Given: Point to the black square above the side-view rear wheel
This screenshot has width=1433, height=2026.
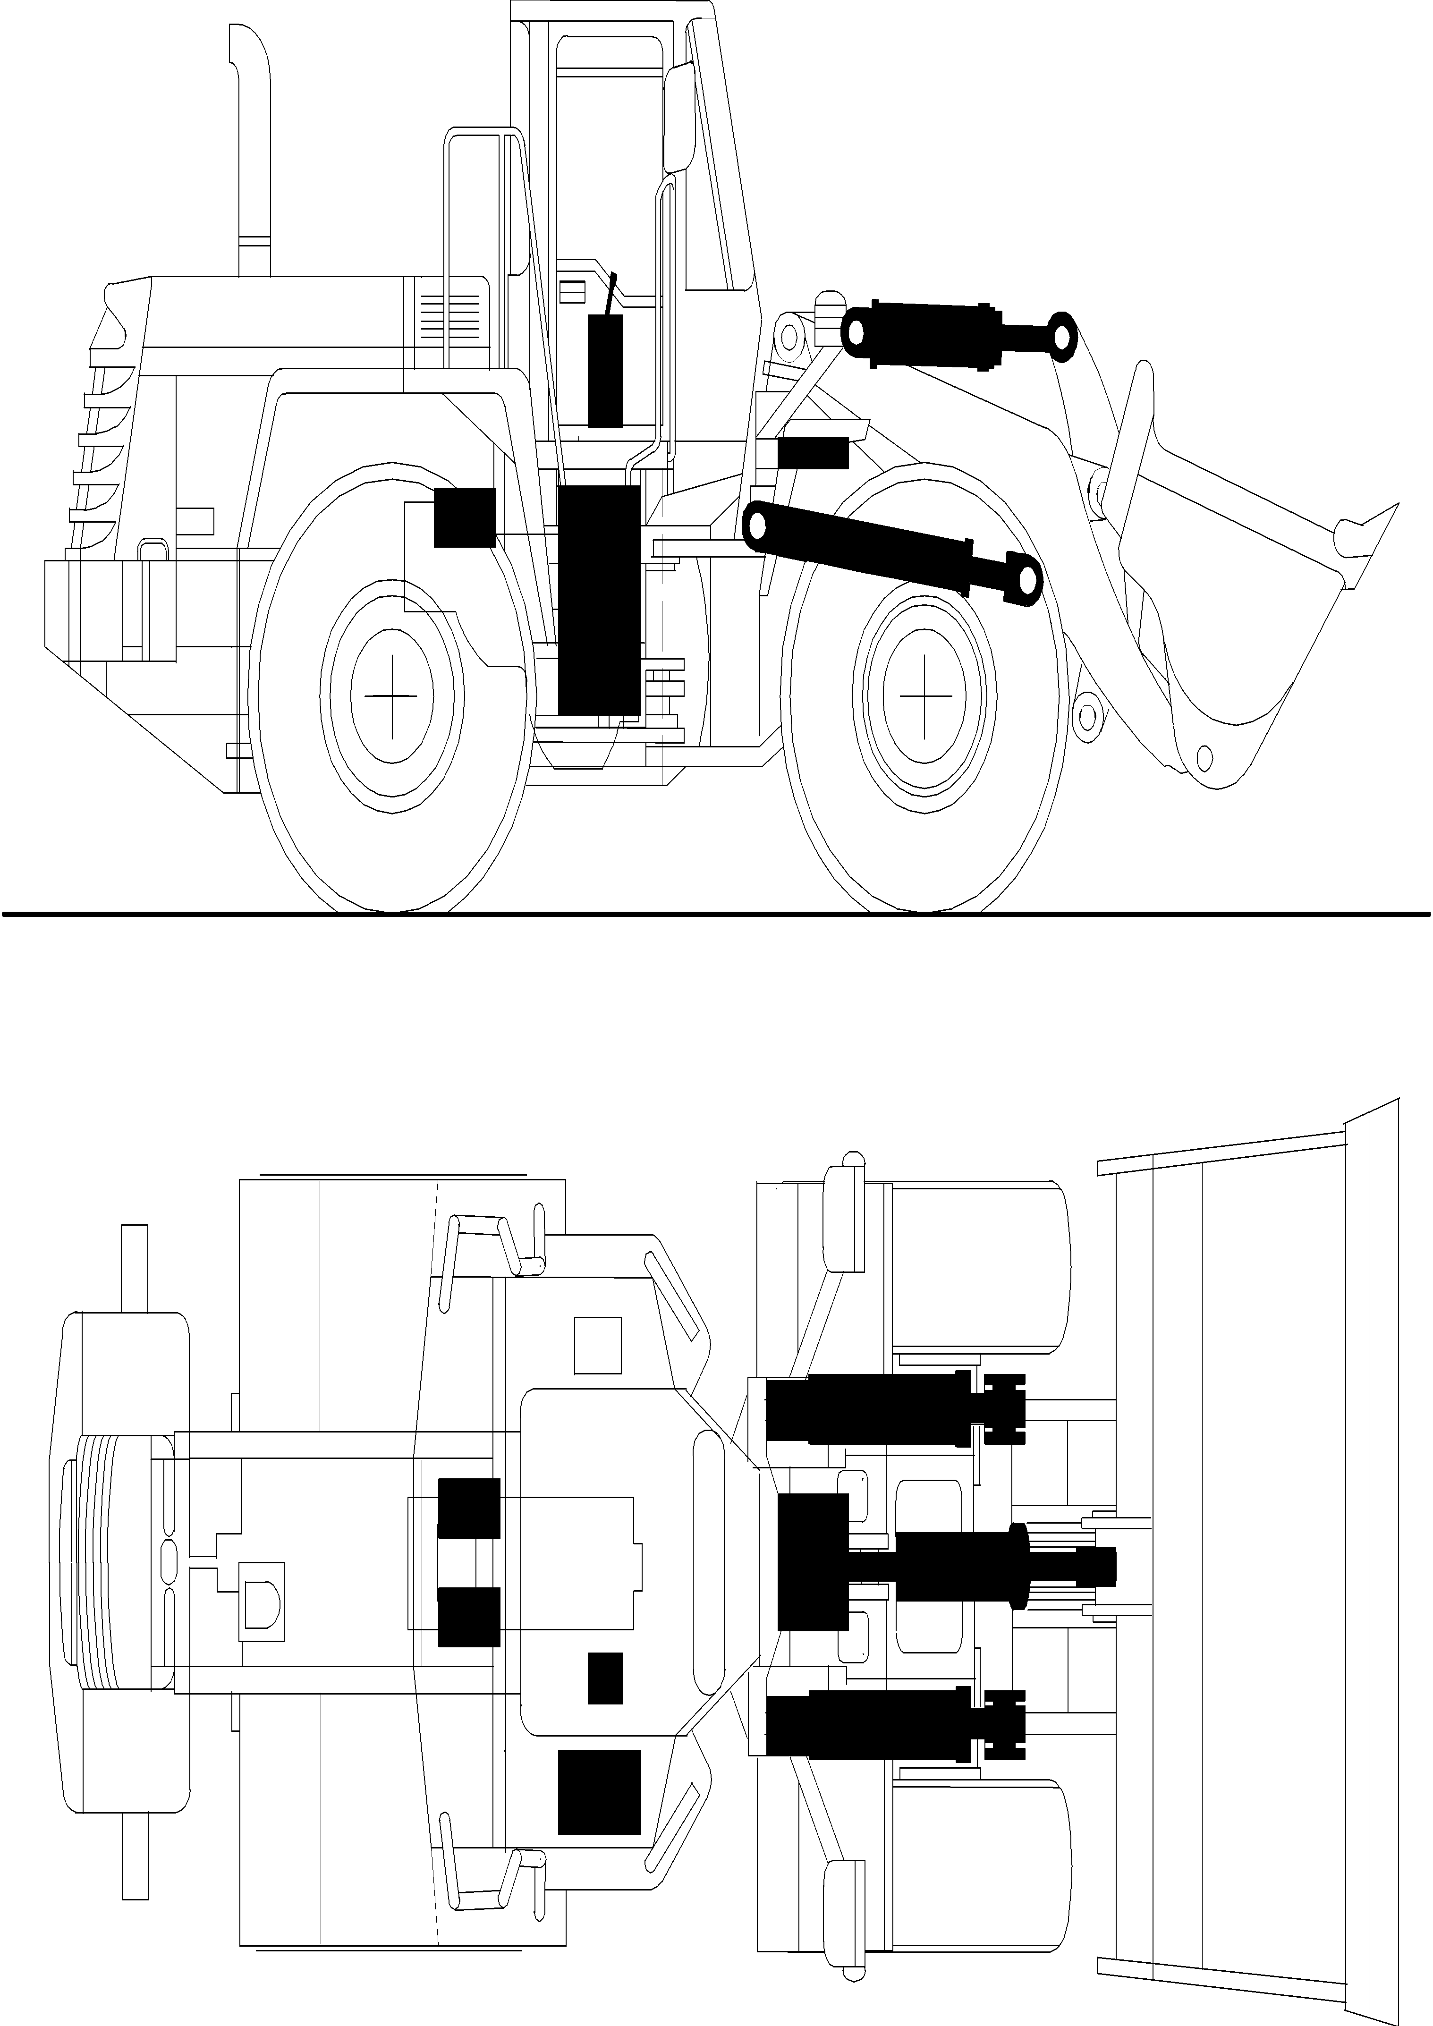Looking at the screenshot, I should pyautogui.click(x=464, y=516).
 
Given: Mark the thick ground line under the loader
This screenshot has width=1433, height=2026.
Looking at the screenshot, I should pyautogui.click(x=717, y=914).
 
